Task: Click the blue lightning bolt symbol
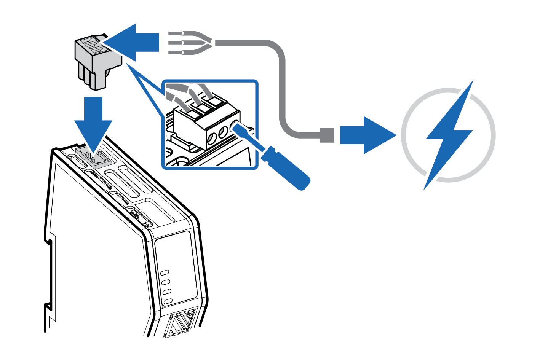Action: point(449,135)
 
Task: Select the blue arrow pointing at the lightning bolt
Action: point(366,135)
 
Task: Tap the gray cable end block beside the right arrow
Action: point(327,135)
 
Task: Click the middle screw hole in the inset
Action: point(223,133)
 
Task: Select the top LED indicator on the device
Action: point(165,273)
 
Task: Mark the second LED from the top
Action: point(166,282)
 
